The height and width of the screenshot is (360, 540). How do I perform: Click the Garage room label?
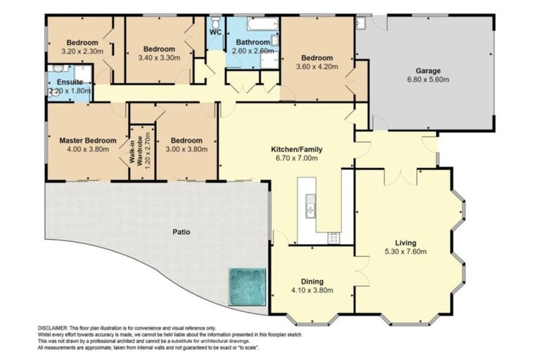point(427,70)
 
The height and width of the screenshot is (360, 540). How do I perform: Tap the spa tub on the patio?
point(246,285)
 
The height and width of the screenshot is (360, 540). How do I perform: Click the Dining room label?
point(312,280)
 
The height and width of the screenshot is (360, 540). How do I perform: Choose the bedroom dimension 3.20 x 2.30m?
point(82,51)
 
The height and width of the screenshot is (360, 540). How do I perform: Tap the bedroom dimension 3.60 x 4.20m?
point(317,67)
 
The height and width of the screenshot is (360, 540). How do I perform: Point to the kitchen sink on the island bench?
point(309,208)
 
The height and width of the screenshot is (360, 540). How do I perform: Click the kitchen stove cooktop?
point(333,238)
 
